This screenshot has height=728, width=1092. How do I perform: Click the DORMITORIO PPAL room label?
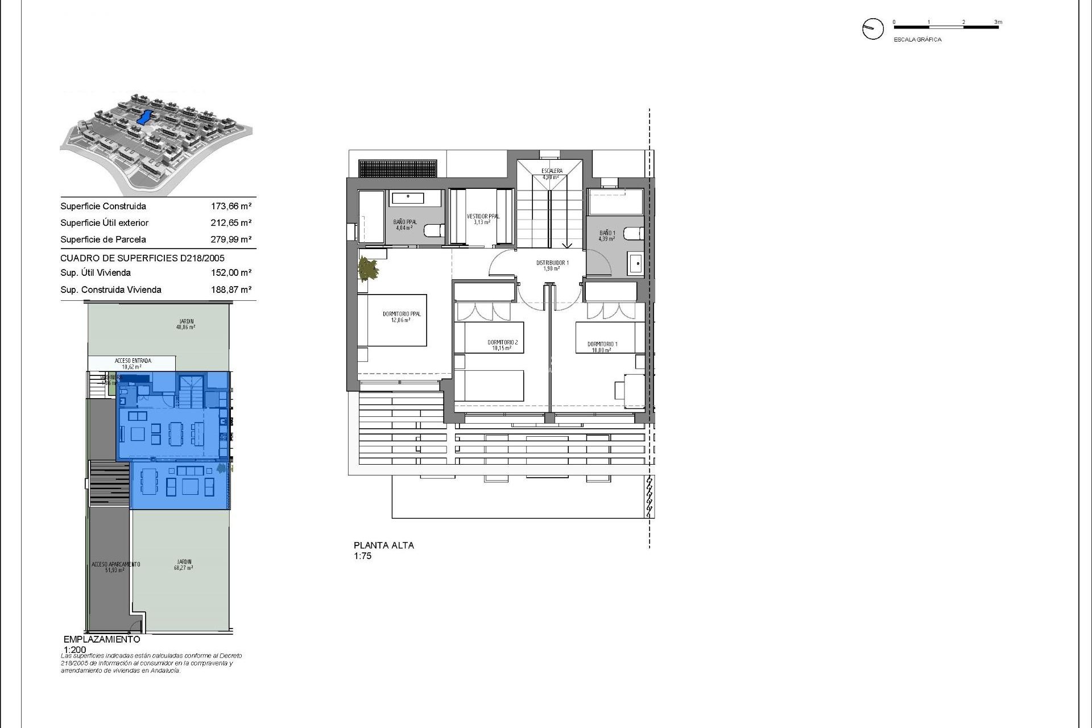point(402,314)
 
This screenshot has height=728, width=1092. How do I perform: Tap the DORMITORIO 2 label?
point(503,342)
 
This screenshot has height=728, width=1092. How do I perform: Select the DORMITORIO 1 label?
point(602,344)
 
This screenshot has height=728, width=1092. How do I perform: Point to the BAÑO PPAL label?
point(405,222)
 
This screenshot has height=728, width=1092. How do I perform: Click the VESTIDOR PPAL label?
point(483,217)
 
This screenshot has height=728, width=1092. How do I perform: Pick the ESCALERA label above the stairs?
point(552,171)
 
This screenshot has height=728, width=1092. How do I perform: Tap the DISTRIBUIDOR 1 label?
point(552,263)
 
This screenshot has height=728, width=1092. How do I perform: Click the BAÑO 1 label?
point(607,233)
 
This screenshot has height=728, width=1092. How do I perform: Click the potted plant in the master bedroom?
point(367,269)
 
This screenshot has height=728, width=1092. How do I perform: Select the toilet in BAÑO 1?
point(632,233)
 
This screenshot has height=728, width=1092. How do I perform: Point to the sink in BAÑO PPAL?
point(415,198)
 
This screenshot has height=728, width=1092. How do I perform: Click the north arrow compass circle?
point(872,28)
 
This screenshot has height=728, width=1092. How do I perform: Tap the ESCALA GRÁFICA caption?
point(917,40)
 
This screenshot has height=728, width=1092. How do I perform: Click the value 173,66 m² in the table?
point(231,206)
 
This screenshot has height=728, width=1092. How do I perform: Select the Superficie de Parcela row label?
point(103,239)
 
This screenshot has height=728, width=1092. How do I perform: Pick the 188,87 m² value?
point(231,289)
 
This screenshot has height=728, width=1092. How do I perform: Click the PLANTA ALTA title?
point(384,545)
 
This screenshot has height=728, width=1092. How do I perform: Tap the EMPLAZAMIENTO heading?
point(102,639)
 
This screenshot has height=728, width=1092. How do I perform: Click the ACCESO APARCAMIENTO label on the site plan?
point(115,564)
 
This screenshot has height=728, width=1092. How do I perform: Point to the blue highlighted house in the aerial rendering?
point(144,118)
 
